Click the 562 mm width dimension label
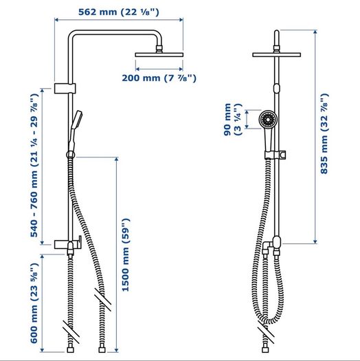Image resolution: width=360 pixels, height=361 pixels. click(119, 12)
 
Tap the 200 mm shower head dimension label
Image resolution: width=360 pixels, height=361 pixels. click(159, 78)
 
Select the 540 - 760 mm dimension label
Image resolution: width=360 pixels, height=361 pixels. click(34, 165)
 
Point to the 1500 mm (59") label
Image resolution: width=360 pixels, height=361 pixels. click(126, 255)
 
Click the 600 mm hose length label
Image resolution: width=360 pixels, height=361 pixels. click(34, 303)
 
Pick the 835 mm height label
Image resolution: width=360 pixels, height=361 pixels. click(324, 133)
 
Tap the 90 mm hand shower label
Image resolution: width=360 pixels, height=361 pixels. click(233, 120)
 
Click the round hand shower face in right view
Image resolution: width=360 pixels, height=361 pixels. click(268, 120)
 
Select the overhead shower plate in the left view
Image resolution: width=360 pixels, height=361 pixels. click(159, 55)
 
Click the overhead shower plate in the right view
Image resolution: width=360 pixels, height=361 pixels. click(276, 55)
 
